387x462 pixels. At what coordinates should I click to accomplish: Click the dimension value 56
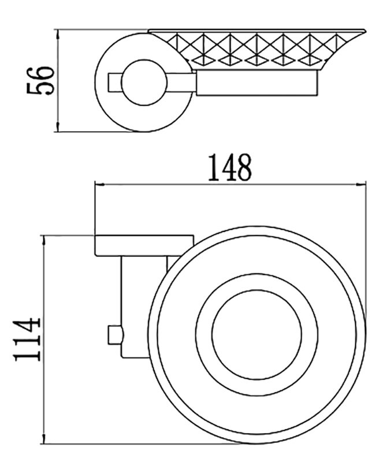(40, 81)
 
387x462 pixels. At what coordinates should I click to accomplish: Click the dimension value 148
(230, 167)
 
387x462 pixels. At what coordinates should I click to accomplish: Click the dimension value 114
(27, 339)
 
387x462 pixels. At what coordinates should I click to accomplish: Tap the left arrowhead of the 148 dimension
(99, 185)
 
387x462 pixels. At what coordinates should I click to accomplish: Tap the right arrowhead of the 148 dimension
(361, 185)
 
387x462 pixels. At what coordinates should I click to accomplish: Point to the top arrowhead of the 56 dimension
(58, 34)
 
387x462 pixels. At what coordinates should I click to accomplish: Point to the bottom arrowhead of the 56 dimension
(58, 127)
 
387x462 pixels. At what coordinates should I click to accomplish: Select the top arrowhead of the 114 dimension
(44, 240)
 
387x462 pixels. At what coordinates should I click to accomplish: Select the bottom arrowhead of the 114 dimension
(44, 438)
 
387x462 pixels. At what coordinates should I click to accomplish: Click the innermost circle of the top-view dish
(256, 290)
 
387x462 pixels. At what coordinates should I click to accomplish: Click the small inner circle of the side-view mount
(144, 61)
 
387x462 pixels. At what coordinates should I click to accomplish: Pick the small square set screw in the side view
(114, 82)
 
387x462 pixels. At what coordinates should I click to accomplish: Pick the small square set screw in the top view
(116, 335)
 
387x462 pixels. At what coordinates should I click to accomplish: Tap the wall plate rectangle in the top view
(144, 245)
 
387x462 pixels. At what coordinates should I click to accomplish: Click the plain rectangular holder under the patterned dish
(257, 83)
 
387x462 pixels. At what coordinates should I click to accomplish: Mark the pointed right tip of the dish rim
(366, 30)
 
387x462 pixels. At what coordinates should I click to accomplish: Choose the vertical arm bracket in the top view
(136, 307)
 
